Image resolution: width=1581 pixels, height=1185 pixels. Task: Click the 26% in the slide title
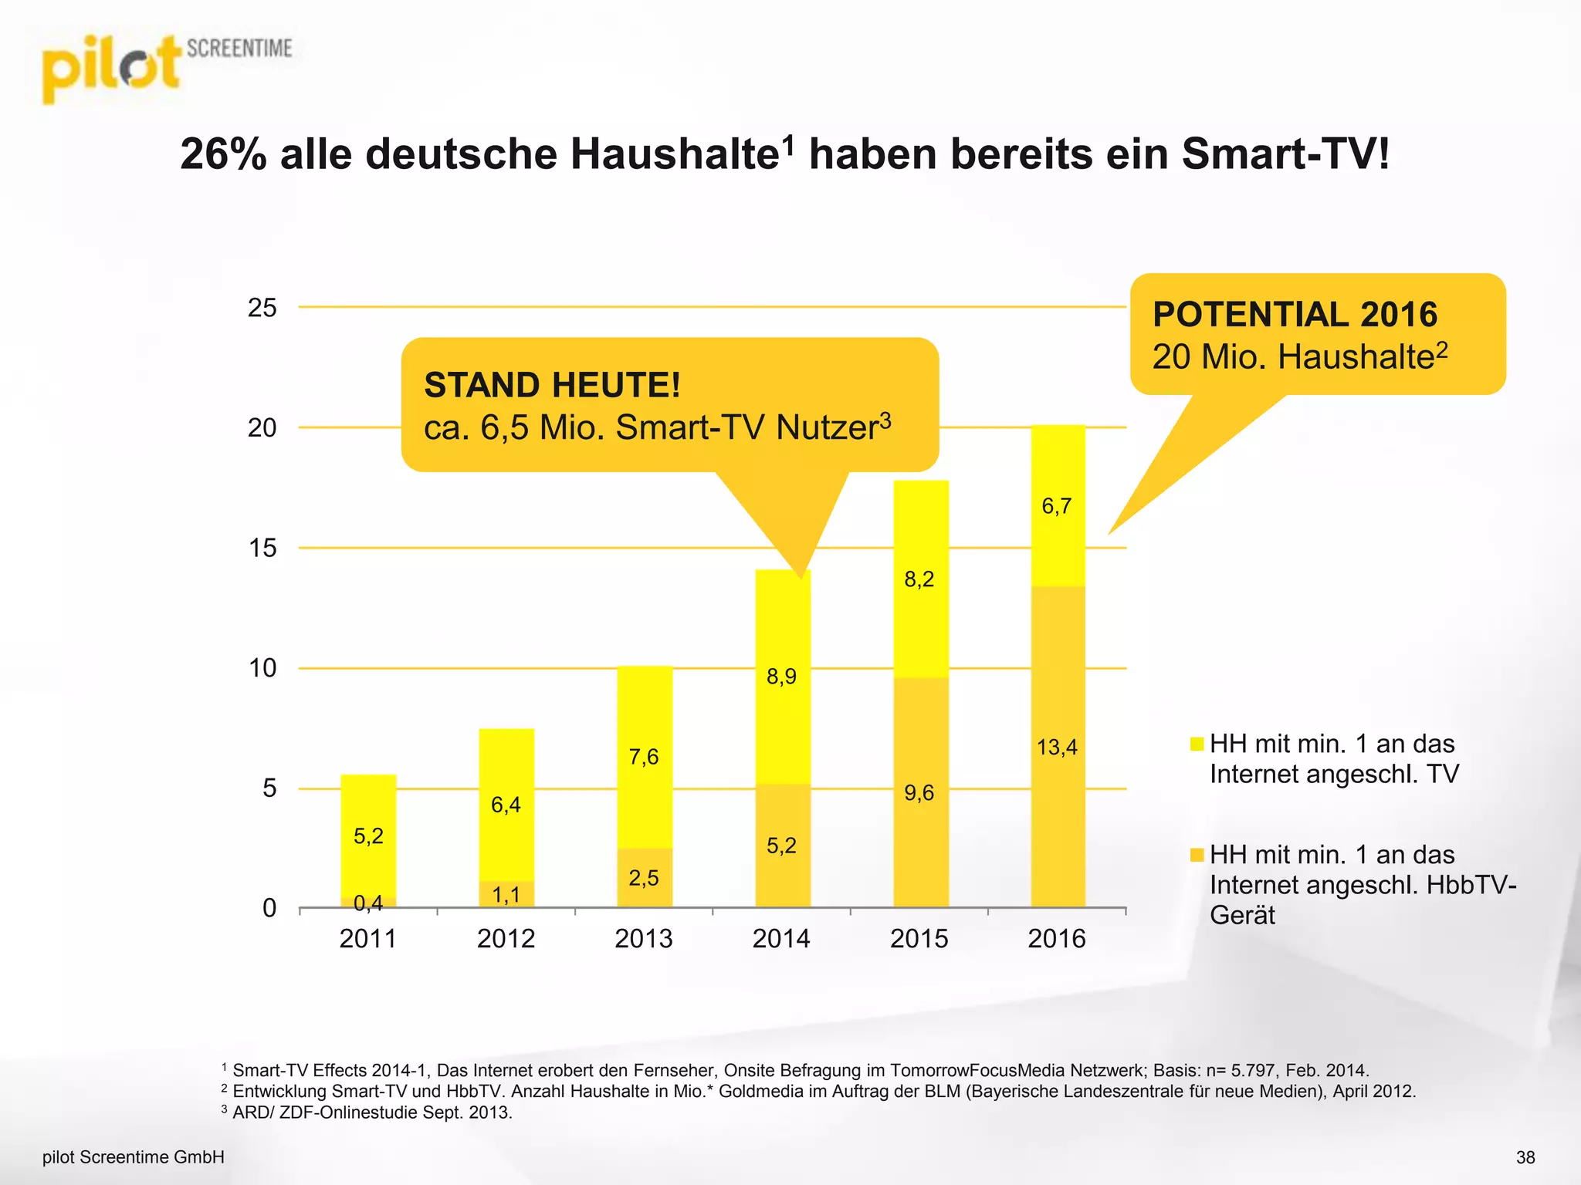coord(223,154)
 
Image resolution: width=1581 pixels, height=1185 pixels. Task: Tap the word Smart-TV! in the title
coord(1285,154)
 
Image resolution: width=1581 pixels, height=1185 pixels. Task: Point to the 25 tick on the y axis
coord(262,308)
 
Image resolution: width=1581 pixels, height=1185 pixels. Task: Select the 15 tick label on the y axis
coord(262,549)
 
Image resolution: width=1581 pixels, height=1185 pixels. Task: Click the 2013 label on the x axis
coord(643,939)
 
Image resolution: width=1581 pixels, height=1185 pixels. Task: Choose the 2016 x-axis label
coord(1056,939)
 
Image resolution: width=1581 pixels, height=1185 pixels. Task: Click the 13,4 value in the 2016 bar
coord(1056,747)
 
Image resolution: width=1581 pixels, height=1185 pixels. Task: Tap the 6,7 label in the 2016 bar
coord(1056,506)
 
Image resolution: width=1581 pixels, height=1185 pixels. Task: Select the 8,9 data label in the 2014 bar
coord(781,677)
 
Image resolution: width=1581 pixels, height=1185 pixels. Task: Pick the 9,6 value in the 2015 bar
coord(919,792)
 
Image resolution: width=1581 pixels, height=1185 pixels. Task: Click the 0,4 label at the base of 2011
coord(368,902)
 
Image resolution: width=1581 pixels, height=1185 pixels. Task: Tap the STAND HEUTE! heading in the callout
coord(552,385)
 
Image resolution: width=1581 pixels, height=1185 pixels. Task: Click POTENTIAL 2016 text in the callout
coord(1295,315)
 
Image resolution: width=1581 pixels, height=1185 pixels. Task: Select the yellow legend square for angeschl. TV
coord(1197,744)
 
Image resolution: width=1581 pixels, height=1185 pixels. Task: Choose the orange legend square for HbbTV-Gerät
coord(1197,855)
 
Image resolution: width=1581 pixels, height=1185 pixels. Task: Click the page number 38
coord(1525,1157)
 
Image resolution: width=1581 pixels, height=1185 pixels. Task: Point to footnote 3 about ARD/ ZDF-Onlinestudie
coord(371,1112)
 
